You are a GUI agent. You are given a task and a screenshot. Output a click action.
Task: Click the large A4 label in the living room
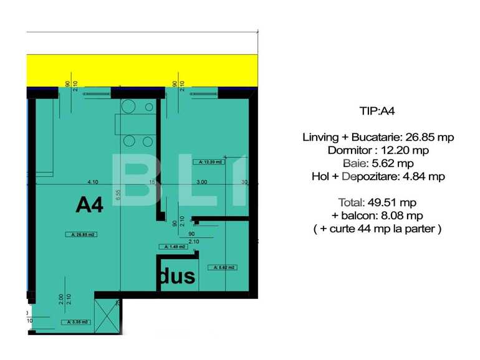click(89, 205)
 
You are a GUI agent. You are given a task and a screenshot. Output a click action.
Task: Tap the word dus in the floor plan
click(177, 276)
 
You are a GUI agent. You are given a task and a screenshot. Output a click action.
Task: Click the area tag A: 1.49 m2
click(174, 247)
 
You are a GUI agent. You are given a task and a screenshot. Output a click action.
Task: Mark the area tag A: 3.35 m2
click(77, 322)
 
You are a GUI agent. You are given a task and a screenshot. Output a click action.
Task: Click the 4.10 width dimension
click(93, 182)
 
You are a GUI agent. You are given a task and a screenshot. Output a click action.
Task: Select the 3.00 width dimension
click(202, 182)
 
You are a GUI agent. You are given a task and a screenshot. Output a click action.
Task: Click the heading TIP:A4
click(377, 111)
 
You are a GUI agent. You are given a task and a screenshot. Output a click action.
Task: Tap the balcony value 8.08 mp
click(401, 216)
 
